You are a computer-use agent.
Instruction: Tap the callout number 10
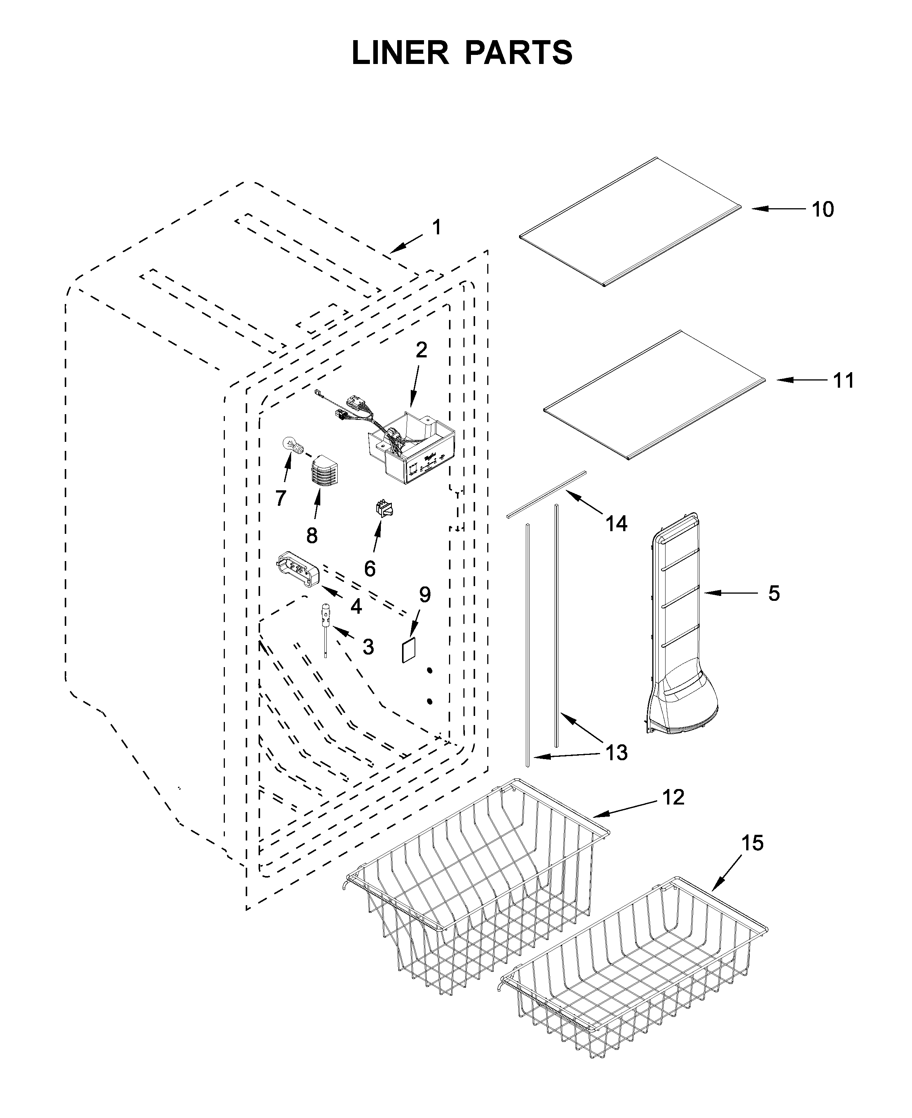822,210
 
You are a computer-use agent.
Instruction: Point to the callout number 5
773,593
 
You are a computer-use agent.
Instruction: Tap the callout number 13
617,753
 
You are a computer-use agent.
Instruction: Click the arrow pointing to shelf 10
778,209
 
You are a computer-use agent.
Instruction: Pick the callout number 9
424,595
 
